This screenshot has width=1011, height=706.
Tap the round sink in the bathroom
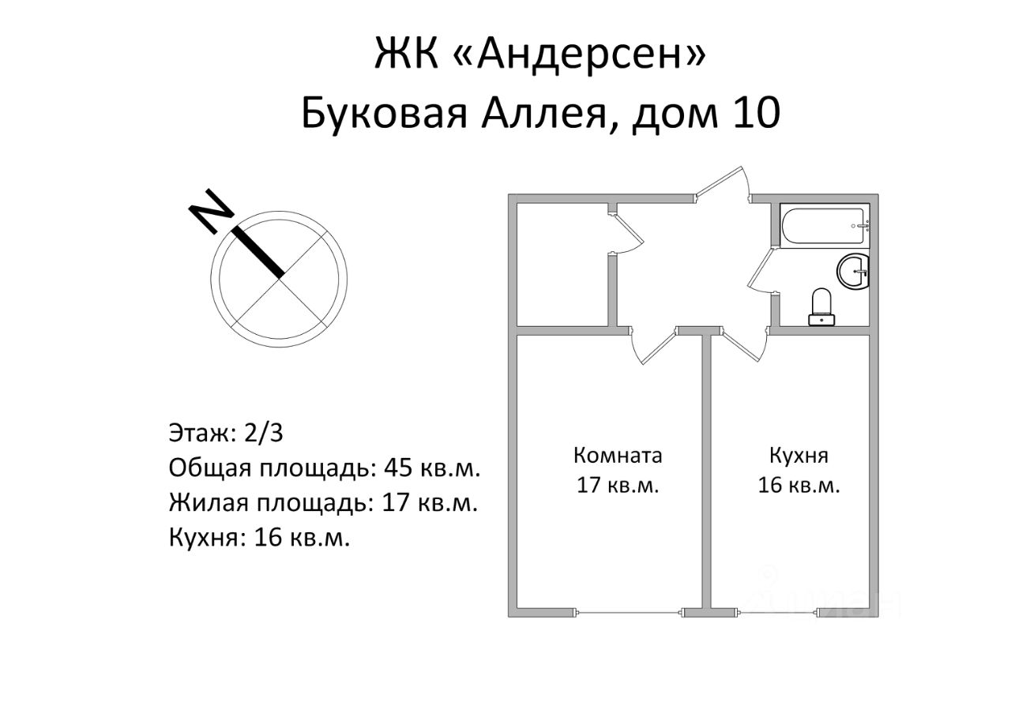tap(853, 271)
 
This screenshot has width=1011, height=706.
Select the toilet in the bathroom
tap(821, 306)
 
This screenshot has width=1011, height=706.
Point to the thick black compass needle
tap(257, 252)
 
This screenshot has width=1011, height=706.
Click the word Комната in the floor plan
tap(618, 456)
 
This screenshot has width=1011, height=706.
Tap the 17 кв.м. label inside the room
tap(618, 485)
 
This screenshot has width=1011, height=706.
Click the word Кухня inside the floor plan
tap(799, 456)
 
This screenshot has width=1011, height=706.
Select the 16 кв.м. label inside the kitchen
tap(799, 485)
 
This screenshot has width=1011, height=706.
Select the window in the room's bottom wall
tap(630, 612)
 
